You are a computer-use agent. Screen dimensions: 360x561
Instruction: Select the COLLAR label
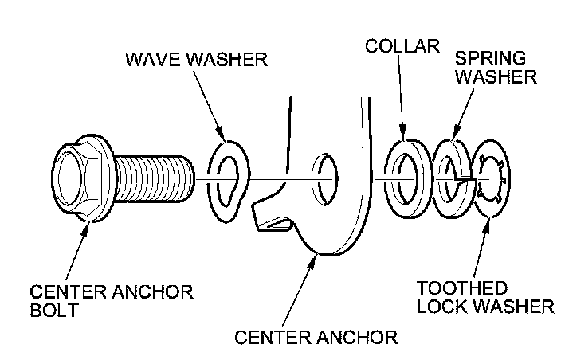point(403,45)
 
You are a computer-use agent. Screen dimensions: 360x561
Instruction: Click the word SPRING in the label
point(490,57)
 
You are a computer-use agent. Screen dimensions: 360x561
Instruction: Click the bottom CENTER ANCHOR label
point(316,336)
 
